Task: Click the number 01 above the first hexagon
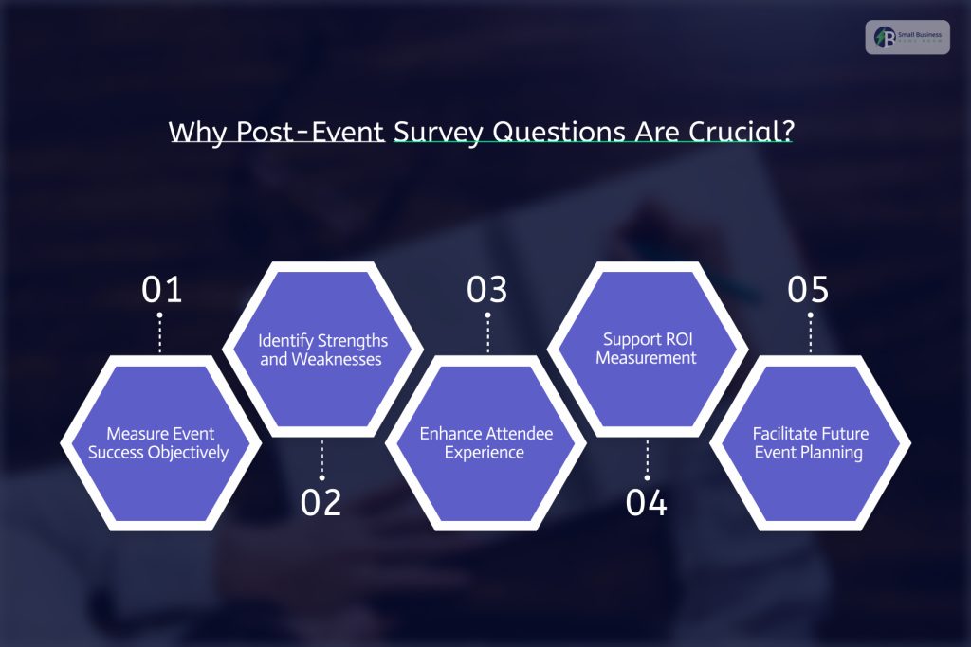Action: tap(161, 290)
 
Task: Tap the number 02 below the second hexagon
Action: tap(321, 502)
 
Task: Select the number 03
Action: tap(487, 290)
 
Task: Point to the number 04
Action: tap(647, 502)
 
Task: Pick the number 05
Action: tap(809, 290)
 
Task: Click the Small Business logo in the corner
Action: tap(907, 37)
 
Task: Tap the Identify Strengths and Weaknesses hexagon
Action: tap(321, 350)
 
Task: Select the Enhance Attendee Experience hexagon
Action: tap(486, 442)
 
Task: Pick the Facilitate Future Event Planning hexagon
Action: tap(811, 442)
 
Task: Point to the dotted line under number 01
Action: tap(160, 332)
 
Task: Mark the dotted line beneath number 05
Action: tap(810, 332)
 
